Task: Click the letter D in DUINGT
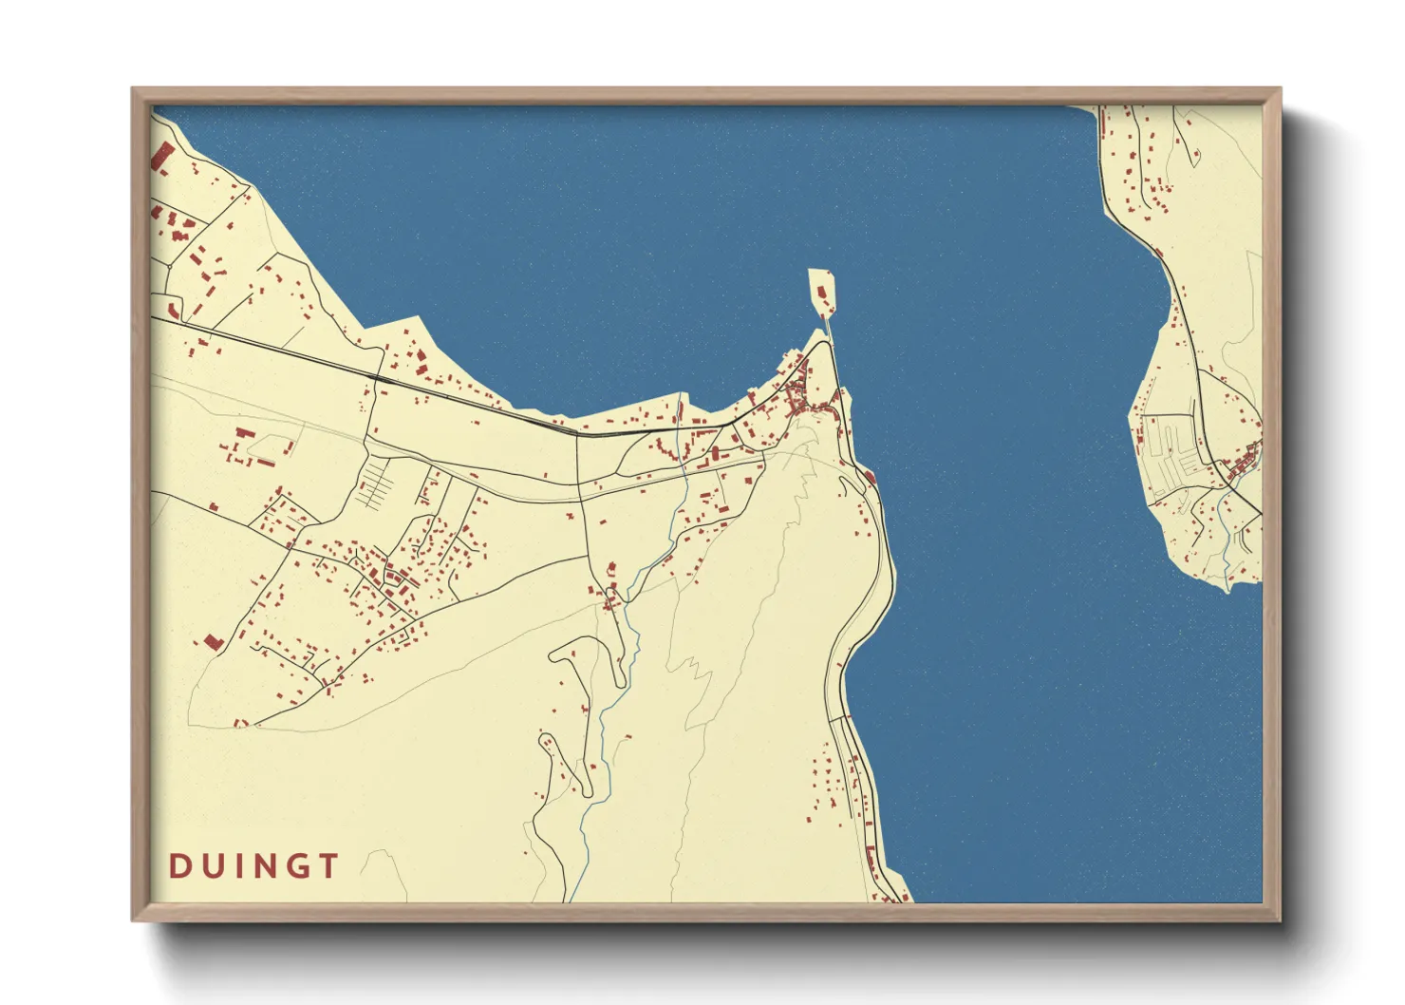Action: [178, 866]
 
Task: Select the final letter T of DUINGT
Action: [328, 866]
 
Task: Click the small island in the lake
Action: [822, 290]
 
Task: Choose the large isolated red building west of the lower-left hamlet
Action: [213, 641]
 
